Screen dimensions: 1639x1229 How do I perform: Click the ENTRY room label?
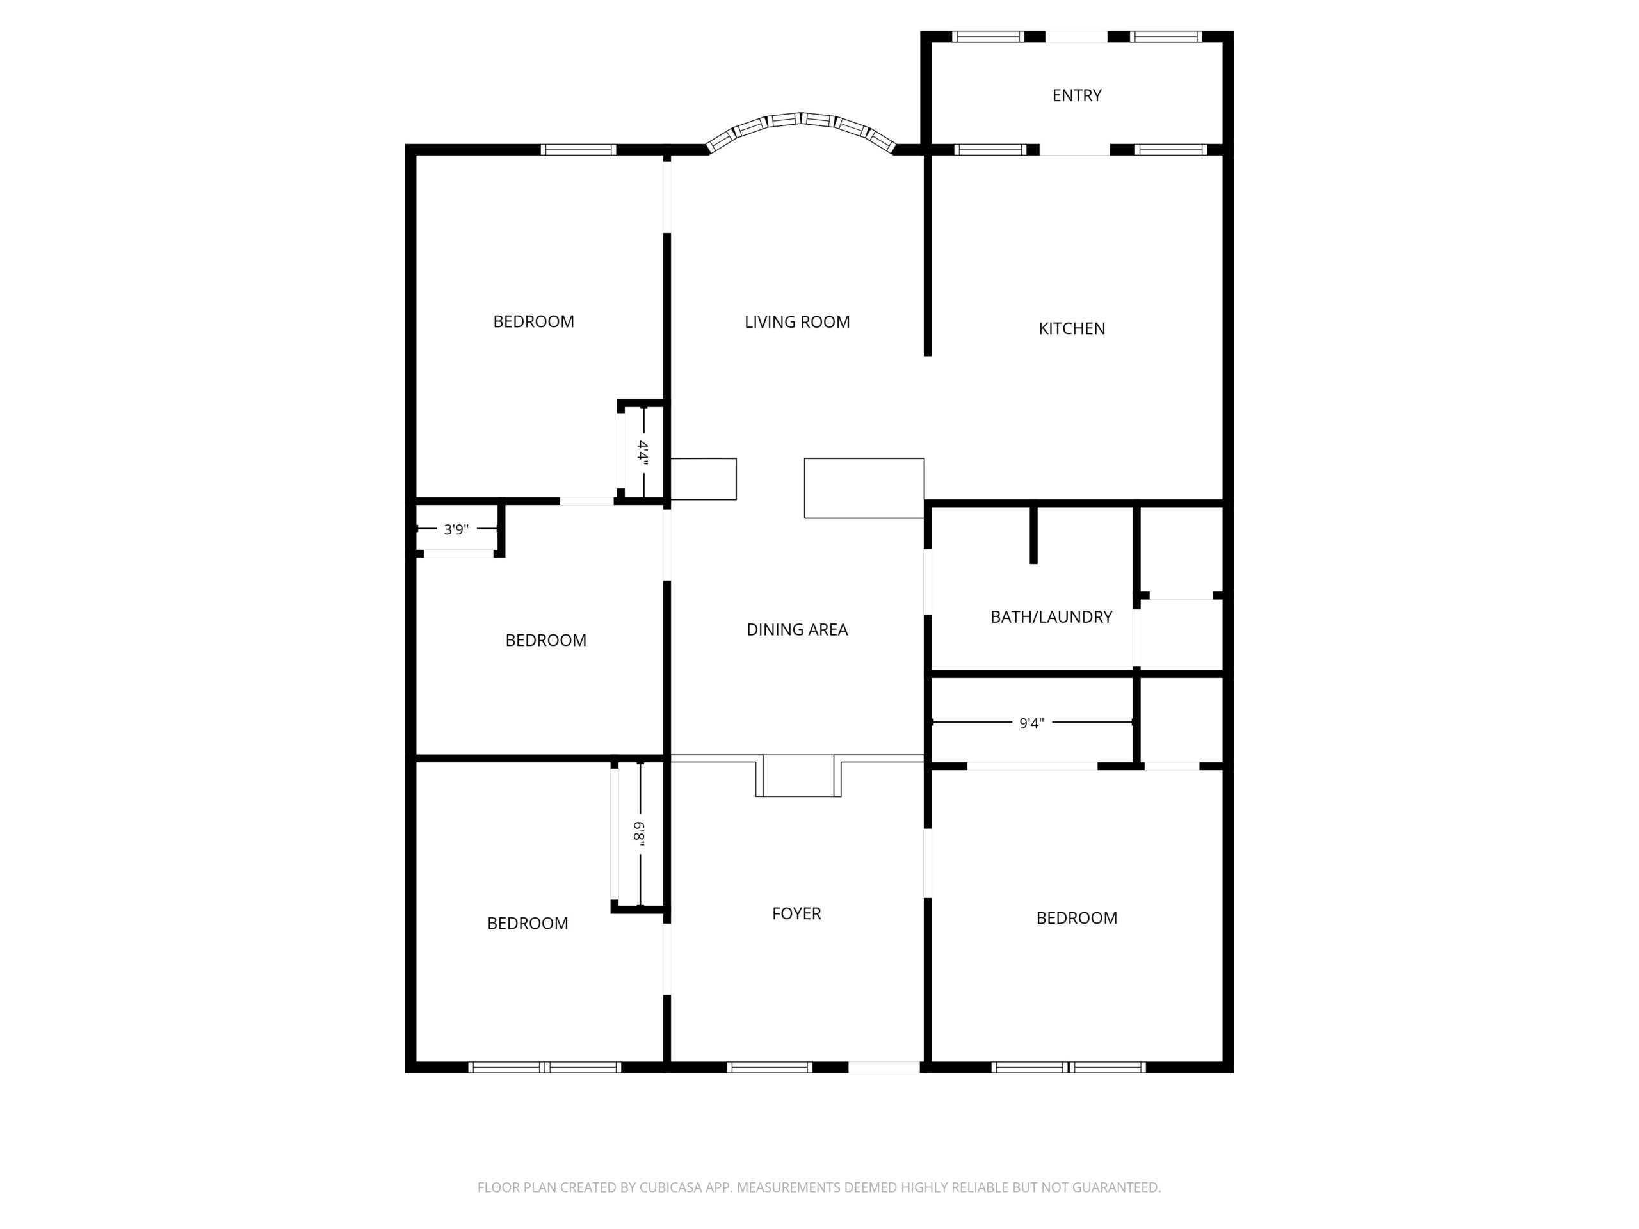point(1077,95)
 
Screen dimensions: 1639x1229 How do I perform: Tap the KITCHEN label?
point(1071,329)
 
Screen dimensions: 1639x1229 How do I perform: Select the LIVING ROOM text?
point(796,322)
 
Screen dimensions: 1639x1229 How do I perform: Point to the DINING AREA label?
point(796,630)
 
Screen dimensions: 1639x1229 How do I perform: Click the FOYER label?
point(796,913)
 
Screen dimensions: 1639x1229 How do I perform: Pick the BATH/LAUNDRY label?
point(1051,617)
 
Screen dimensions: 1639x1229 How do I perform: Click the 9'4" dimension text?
point(1031,723)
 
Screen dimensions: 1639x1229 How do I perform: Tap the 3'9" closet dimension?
point(456,529)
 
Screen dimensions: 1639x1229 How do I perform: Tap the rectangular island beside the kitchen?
point(864,488)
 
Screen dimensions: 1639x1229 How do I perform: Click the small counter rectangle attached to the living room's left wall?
point(703,479)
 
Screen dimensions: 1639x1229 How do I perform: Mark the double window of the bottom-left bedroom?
point(545,1068)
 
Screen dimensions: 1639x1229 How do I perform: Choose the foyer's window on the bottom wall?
point(769,1068)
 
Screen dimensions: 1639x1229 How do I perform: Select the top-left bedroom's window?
point(578,150)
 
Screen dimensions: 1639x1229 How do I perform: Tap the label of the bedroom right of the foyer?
point(1077,918)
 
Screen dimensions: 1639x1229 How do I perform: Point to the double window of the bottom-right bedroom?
point(1069,1068)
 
